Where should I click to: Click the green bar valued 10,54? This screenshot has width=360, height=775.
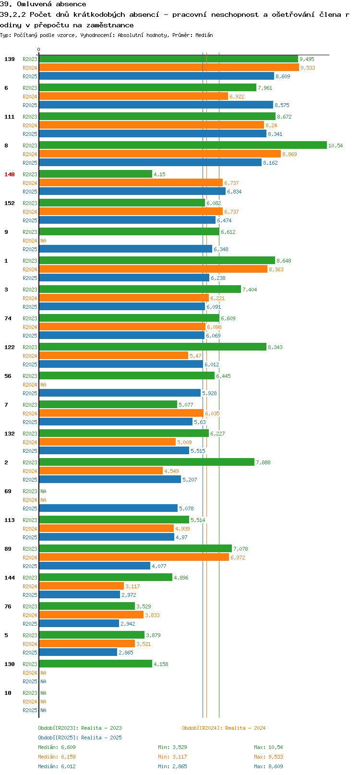click(x=183, y=145)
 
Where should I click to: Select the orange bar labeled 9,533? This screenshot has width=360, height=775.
click(x=169, y=68)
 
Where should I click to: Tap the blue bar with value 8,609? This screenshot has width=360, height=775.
click(x=156, y=76)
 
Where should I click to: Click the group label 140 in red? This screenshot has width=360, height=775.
click(x=9, y=174)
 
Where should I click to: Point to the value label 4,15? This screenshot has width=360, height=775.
click(x=159, y=174)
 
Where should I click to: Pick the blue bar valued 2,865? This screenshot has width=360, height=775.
click(x=78, y=652)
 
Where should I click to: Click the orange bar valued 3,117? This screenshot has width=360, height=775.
click(x=81, y=586)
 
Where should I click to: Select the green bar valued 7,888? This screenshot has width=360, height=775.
click(x=146, y=462)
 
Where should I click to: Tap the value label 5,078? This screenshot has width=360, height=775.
click(x=186, y=509)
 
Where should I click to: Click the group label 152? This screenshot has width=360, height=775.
click(x=9, y=203)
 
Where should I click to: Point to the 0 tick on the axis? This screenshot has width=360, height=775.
click(x=39, y=49)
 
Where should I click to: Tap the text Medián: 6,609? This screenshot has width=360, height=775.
click(x=57, y=747)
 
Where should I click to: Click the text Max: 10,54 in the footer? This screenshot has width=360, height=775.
click(x=268, y=747)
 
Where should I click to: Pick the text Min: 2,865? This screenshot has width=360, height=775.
click(x=172, y=766)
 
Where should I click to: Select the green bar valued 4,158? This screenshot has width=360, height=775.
click(x=96, y=664)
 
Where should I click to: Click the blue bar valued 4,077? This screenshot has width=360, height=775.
click(x=95, y=566)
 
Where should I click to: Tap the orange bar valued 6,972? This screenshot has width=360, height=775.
click(x=134, y=557)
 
